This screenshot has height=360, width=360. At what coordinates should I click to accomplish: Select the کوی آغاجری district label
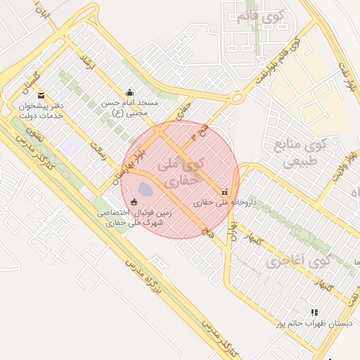click(x=299, y=262)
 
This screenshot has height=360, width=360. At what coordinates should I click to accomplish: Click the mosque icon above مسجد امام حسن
click(x=129, y=92)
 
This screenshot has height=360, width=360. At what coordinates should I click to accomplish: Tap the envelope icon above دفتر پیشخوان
click(x=41, y=95)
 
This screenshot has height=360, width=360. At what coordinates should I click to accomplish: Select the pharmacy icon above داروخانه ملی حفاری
click(x=224, y=191)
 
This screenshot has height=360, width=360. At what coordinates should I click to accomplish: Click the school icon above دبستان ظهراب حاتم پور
click(x=314, y=311)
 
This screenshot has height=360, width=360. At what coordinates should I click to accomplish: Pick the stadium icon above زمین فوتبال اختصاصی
click(x=134, y=202)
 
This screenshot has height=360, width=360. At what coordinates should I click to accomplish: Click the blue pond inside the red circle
click(x=144, y=189)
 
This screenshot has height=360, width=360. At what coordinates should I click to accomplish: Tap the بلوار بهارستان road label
click(x=126, y=165)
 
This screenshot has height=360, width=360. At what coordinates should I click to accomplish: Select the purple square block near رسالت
click(x=70, y=147)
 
